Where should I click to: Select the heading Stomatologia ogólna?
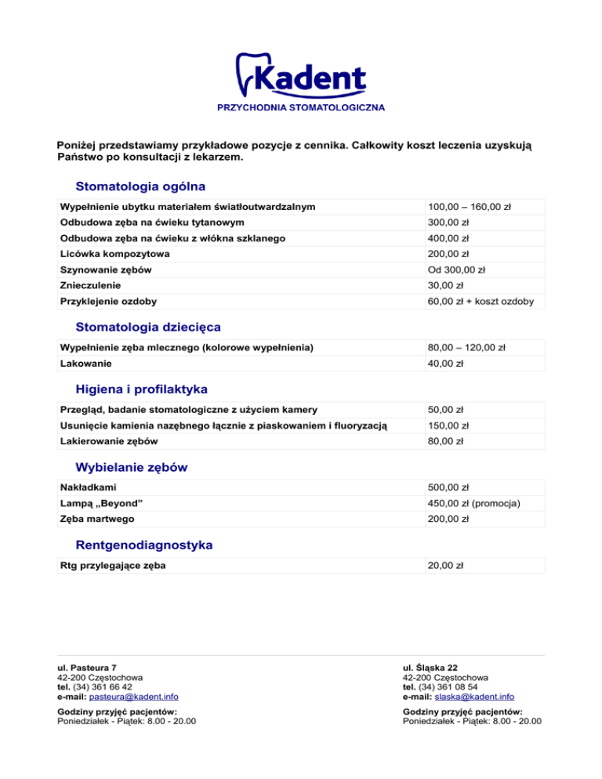140,187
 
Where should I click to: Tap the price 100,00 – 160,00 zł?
469,208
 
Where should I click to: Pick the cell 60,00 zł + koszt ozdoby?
481,301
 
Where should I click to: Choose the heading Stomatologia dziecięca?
148,326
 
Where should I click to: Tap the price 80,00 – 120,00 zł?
466,347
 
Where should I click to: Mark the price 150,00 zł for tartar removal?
450,425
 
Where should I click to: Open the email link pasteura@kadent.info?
134,696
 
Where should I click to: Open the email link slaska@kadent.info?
475,696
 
